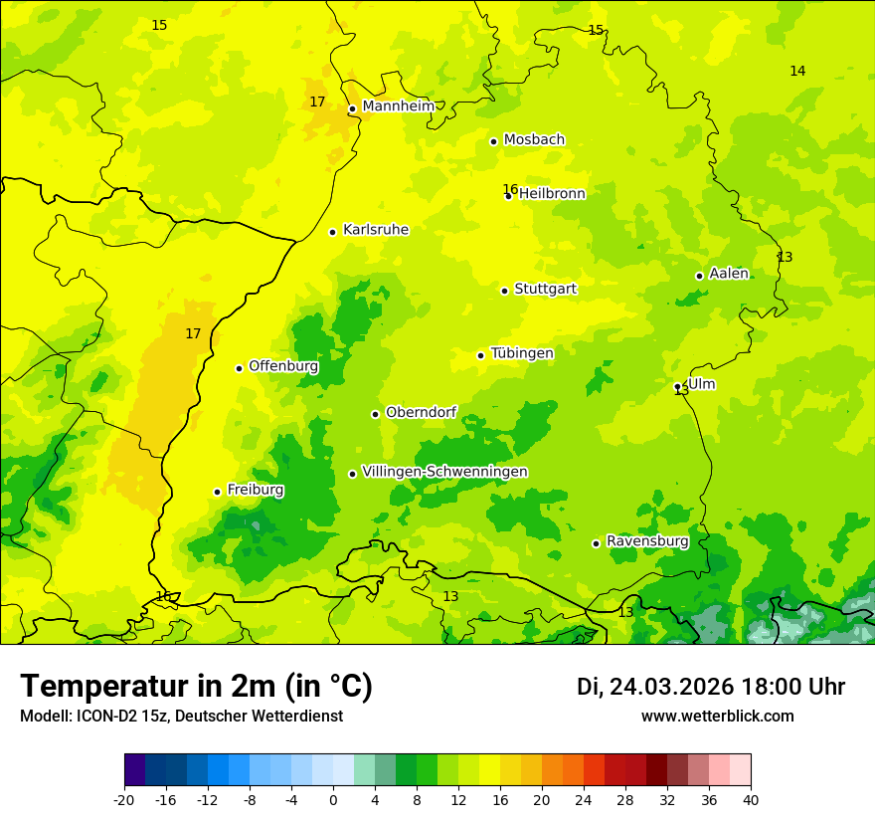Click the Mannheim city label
click(398, 106)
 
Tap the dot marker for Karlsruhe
click(332, 232)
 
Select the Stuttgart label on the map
click(545, 289)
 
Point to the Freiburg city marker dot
click(217, 492)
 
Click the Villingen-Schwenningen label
click(444, 472)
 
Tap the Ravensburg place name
click(646, 541)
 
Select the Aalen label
click(728, 274)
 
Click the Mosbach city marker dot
click(493, 141)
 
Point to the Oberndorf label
click(421, 412)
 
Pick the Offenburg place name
click(283, 366)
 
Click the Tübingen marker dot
click(480, 355)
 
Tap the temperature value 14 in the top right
click(797, 71)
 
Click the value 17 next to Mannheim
click(317, 102)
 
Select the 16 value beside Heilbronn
click(509, 189)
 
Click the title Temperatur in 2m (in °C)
click(196, 686)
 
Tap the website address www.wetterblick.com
click(717, 717)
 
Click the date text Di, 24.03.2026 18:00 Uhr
click(711, 687)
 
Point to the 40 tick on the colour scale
click(751, 799)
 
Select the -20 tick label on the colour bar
click(124, 799)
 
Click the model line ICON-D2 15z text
click(181, 717)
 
